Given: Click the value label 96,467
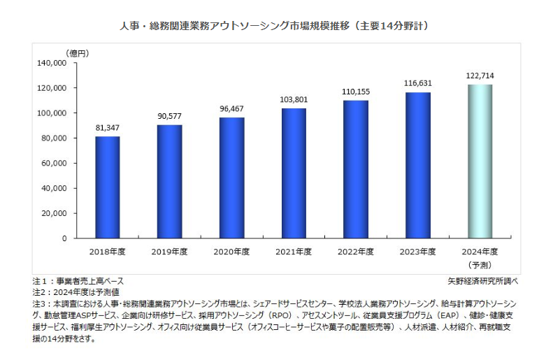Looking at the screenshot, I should click(231, 110).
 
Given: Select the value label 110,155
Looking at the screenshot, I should click(355, 92).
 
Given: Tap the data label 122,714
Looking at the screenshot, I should click(480, 75).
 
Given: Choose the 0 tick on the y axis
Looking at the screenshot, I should click(64, 238).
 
